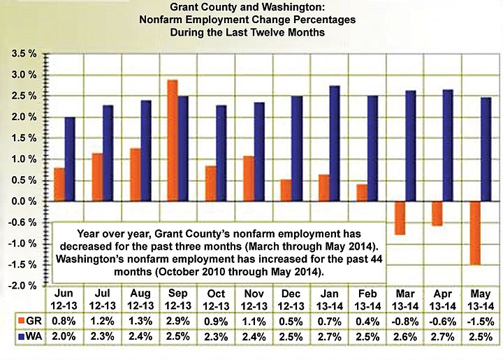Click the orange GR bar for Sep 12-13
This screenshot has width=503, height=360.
pos(172,141)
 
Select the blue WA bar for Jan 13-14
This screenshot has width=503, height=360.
pos(334,143)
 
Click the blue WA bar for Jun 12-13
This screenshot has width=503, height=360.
pos(70,159)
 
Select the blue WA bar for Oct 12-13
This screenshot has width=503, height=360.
pos(221,153)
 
